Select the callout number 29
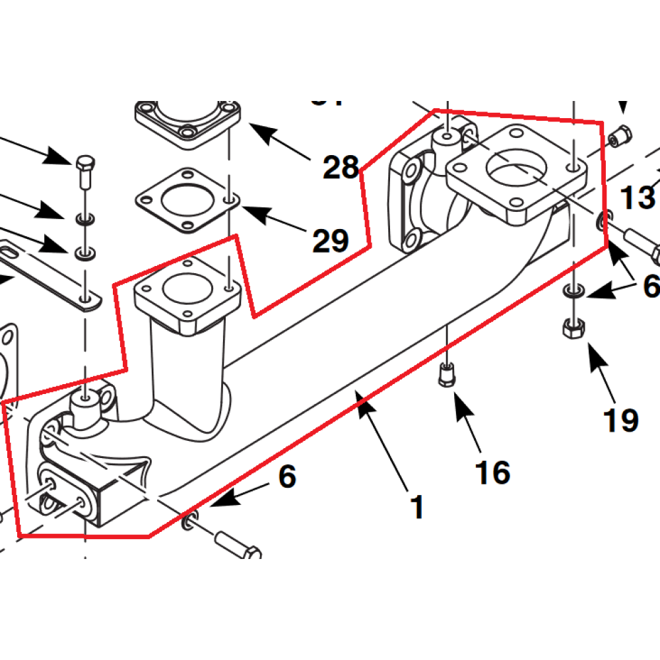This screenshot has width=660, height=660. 330,242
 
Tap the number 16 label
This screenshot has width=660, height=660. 492,473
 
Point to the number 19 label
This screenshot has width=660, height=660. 621,420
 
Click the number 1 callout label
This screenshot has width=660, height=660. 416,507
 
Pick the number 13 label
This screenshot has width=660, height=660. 637,197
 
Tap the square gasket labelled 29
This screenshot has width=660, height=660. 187,200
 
